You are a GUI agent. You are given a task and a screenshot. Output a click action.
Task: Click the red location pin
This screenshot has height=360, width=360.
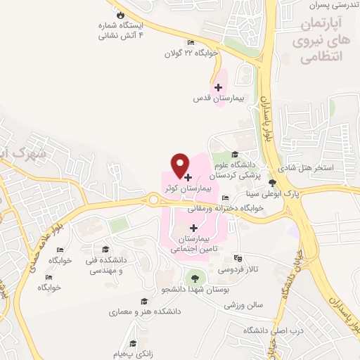tap(180, 165)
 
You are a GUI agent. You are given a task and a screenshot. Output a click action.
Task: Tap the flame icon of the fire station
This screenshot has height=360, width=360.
tap(120, 15)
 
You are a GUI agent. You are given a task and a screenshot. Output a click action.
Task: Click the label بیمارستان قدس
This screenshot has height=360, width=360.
tap(218, 99)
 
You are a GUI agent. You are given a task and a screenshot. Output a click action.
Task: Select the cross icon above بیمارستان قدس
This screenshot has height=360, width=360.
tap(218, 88)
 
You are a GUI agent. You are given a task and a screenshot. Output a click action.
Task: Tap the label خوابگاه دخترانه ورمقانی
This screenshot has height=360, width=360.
tap(225, 208)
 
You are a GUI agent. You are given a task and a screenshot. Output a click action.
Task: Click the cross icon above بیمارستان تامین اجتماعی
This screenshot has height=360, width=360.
tap(195, 228)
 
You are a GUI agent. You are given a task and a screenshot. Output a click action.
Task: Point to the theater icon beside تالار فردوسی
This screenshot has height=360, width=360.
tap(237, 258)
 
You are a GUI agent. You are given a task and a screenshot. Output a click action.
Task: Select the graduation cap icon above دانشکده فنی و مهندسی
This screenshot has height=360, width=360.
tap(105, 250)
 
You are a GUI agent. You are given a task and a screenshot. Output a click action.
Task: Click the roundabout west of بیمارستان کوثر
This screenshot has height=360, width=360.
tap(153, 201)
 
